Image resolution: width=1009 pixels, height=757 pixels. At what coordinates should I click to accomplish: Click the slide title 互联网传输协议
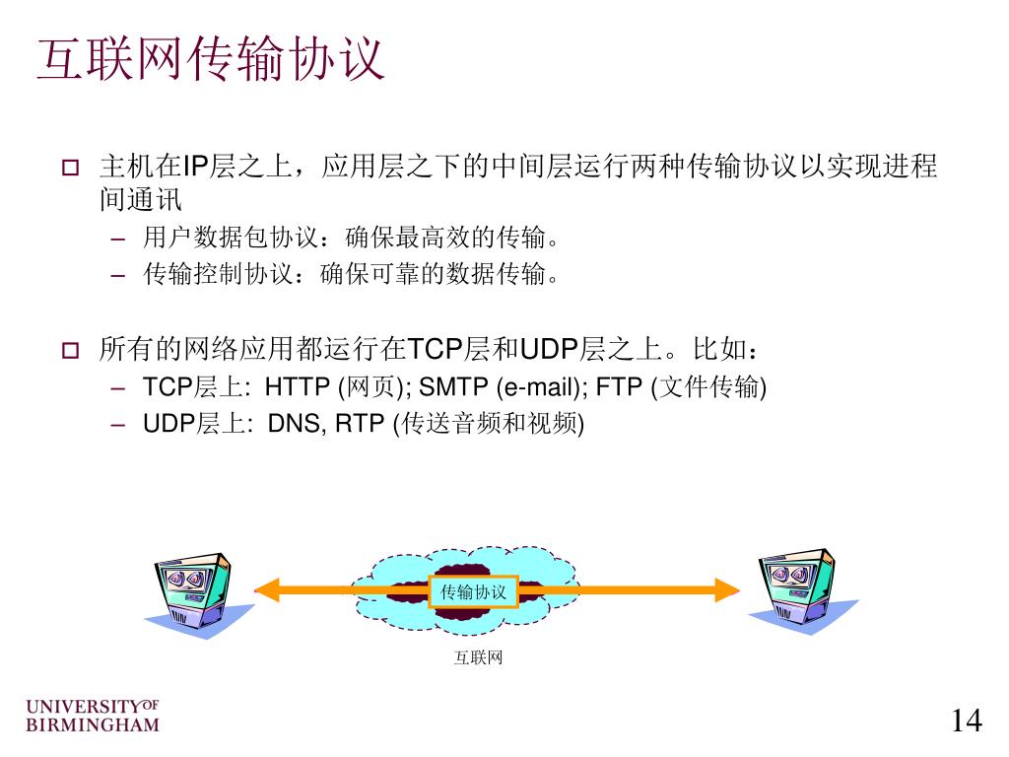(209, 61)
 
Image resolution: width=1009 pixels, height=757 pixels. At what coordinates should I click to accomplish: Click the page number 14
(967, 721)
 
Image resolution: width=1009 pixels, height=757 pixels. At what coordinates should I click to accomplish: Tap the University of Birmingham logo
(92, 716)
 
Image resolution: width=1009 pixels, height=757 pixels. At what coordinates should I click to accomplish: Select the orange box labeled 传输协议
(473, 591)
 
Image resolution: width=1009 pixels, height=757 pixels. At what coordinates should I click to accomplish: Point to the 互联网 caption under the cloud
(478, 657)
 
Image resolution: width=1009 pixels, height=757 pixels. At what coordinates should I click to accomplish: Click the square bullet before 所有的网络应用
(70, 350)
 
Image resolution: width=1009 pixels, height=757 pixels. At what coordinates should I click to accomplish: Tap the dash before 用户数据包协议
(119, 240)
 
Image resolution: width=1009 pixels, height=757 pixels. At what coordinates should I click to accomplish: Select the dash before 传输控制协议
(119, 276)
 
